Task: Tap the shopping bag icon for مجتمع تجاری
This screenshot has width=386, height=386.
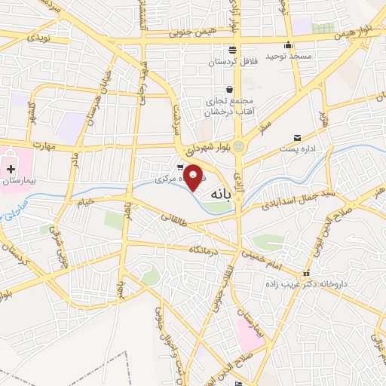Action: click(x=228, y=90)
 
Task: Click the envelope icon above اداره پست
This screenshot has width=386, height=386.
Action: click(x=297, y=138)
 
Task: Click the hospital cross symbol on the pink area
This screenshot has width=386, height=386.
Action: click(x=11, y=166)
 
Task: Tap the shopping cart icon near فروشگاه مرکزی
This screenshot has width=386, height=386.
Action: click(x=179, y=168)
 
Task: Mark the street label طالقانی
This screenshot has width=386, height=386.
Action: click(x=174, y=219)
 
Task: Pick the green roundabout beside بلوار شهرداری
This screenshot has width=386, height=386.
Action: click(x=240, y=146)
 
